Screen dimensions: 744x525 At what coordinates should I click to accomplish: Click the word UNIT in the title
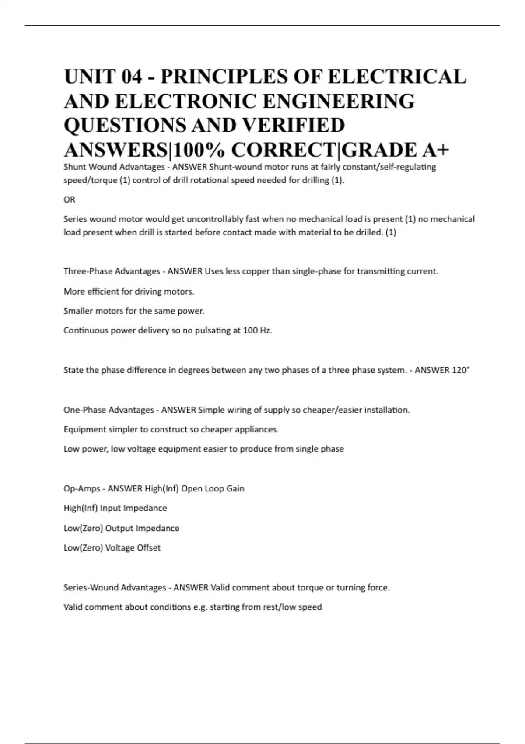click(89, 77)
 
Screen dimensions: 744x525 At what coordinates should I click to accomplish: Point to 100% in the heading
click(199, 150)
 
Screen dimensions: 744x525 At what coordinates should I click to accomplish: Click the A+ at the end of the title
click(436, 150)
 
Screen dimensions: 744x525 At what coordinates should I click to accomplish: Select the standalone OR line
click(70, 200)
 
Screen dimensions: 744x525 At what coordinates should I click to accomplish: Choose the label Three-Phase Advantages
click(112, 271)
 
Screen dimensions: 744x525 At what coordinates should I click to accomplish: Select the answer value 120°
click(460, 370)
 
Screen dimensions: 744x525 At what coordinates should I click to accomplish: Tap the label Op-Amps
click(81, 488)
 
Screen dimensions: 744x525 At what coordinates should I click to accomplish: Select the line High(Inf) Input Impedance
click(115, 508)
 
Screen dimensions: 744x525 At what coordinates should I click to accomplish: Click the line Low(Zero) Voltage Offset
click(112, 548)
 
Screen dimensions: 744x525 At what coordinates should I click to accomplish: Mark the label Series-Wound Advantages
click(115, 588)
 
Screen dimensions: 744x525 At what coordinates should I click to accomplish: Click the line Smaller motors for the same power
click(134, 311)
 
